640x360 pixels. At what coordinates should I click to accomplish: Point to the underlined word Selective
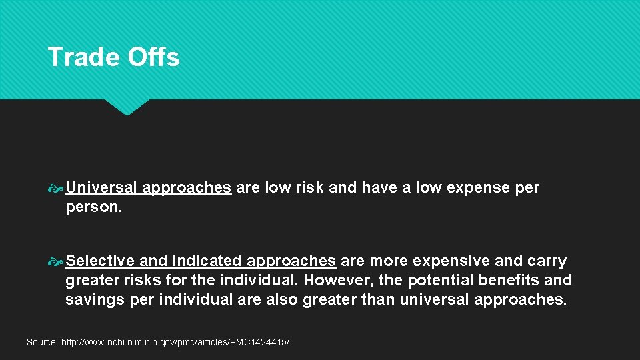(99, 261)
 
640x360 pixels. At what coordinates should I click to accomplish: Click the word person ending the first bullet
(91, 207)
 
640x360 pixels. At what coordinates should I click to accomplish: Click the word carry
(545, 261)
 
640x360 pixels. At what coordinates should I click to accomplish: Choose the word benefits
(517, 280)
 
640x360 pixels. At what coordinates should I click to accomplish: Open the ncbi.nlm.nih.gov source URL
(175, 342)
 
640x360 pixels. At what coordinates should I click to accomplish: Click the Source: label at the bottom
(42, 342)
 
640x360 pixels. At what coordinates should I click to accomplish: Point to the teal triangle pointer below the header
(127, 107)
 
